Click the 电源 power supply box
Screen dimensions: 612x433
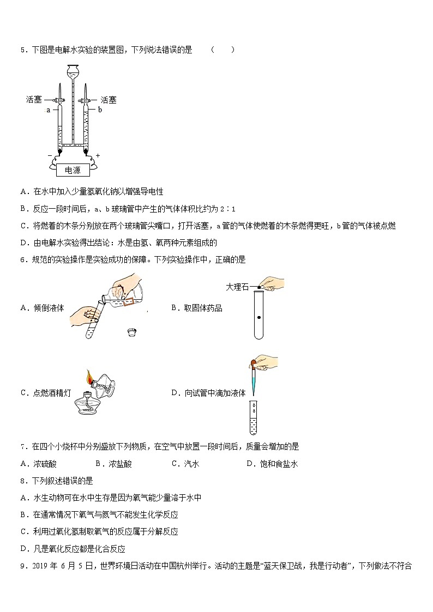(73, 170)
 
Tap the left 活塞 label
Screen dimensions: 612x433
(34, 100)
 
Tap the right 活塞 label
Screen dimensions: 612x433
(108, 100)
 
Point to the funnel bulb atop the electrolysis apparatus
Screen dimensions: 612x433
(72, 70)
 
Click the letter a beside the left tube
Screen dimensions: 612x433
(48, 110)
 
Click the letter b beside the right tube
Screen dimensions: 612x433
(100, 110)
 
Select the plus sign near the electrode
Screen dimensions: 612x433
(98, 155)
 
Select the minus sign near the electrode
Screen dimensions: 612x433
(49, 155)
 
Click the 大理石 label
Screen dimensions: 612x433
(237, 287)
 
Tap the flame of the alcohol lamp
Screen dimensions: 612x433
(89, 376)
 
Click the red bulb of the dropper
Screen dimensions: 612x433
(255, 362)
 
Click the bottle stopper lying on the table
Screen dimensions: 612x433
(131, 330)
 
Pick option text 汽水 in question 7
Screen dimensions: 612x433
(191, 464)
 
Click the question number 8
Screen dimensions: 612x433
(22, 481)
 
